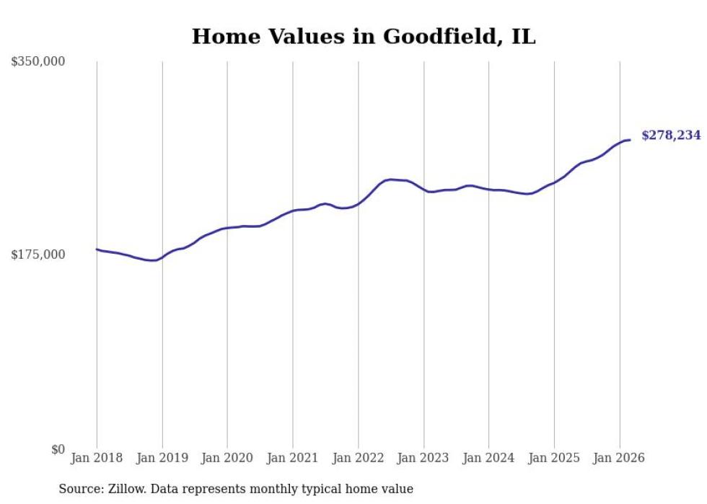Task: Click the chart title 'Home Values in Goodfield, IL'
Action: point(364,37)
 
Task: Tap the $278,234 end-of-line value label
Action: point(671,136)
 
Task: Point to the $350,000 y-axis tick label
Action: point(38,62)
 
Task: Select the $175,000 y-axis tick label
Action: point(38,255)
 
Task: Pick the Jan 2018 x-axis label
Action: point(97,458)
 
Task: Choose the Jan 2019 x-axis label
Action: point(162,458)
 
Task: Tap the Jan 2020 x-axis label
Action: point(227,458)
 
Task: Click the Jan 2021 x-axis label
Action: point(293,458)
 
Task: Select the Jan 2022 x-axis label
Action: point(358,458)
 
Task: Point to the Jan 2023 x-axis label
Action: point(423,458)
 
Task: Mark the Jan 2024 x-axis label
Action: point(488,458)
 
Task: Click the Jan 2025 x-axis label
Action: point(554,458)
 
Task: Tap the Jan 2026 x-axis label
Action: point(619,458)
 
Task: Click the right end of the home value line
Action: point(630,140)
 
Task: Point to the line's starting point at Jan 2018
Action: point(97,249)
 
